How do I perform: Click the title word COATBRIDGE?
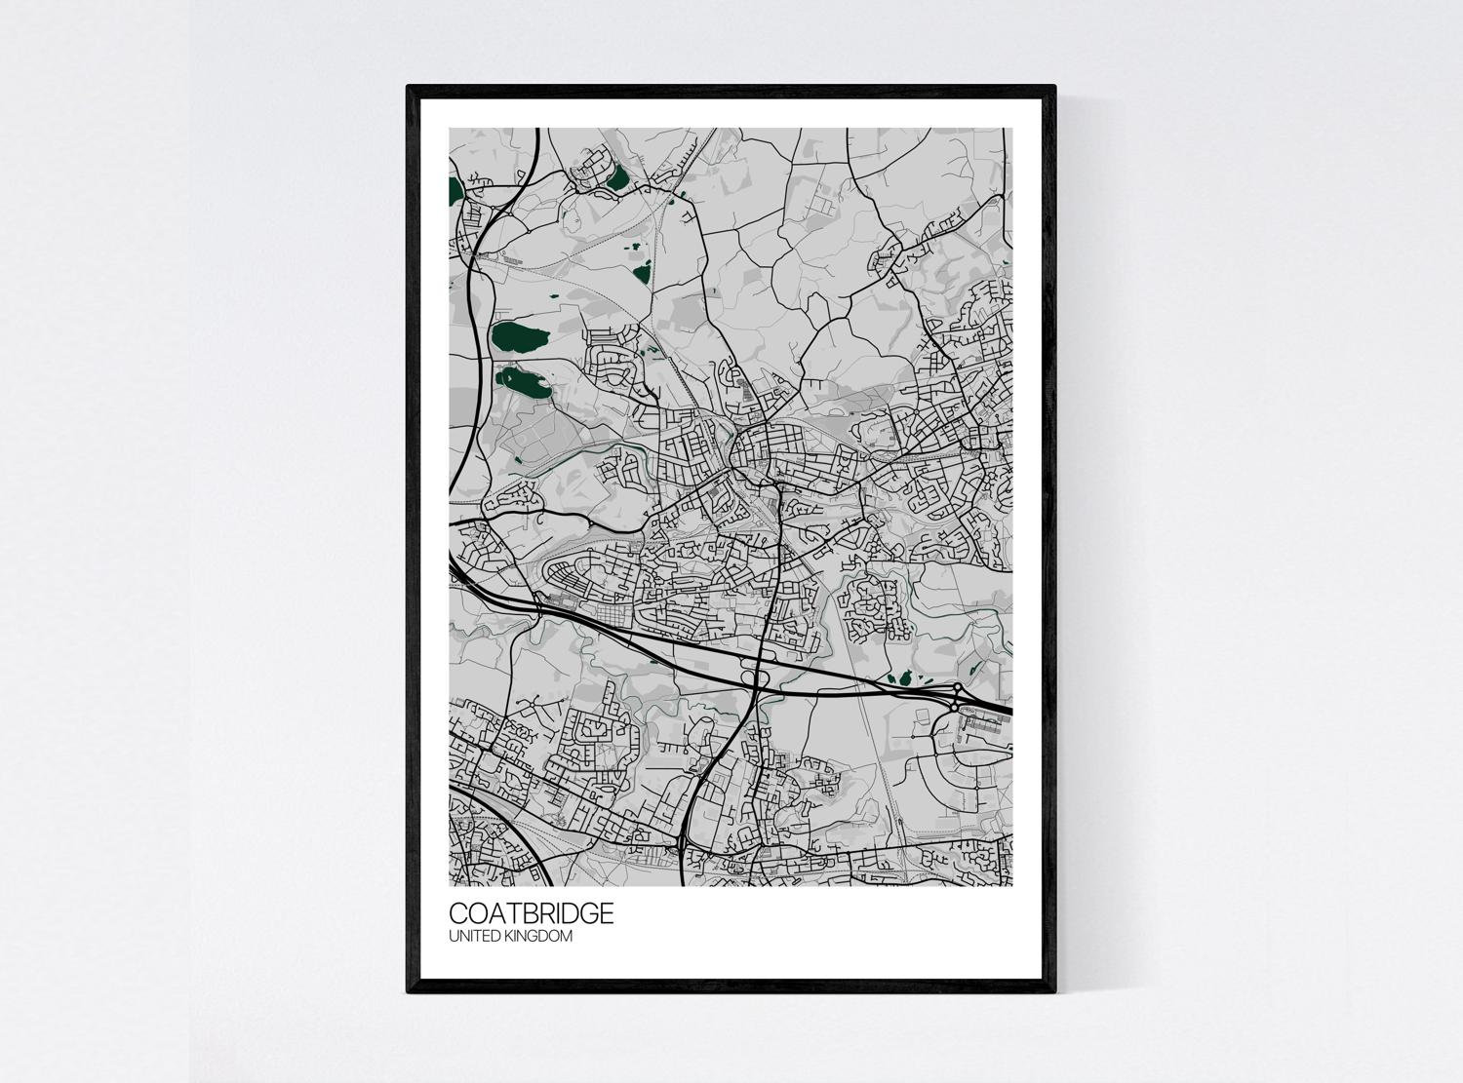click(x=532, y=913)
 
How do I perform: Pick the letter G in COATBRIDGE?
click(x=587, y=913)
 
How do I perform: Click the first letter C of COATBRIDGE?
click(x=457, y=913)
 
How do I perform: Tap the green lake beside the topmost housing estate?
click(x=617, y=177)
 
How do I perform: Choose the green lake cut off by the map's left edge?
click(x=454, y=187)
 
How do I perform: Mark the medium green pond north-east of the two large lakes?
click(x=641, y=272)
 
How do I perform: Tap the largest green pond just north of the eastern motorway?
click(x=906, y=677)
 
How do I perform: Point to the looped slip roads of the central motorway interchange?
click(x=755, y=674)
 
